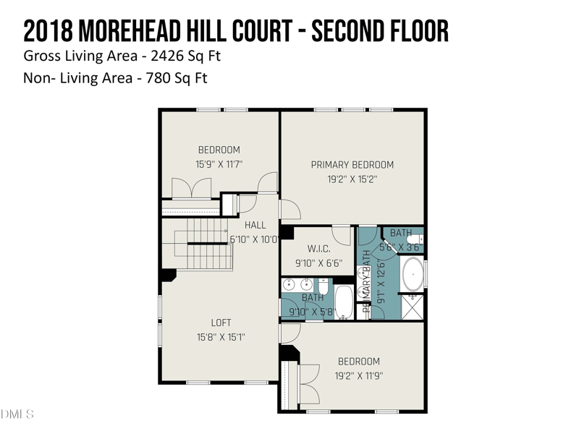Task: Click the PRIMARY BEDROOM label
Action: (x=352, y=165)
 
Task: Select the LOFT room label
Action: (x=221, y=323)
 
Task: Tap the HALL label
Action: (x=255, y=225)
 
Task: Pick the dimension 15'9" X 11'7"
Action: (x=219, y=164)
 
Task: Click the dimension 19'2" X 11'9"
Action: (x=358, y=375)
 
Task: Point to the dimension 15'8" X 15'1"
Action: (x=221, y=336)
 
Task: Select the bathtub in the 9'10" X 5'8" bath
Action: (x=343, y=299)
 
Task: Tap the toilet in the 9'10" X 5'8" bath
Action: (x=324, y=288)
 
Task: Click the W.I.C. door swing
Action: (x=341, y=235)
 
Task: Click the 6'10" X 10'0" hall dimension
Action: (x=254, y=239)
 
